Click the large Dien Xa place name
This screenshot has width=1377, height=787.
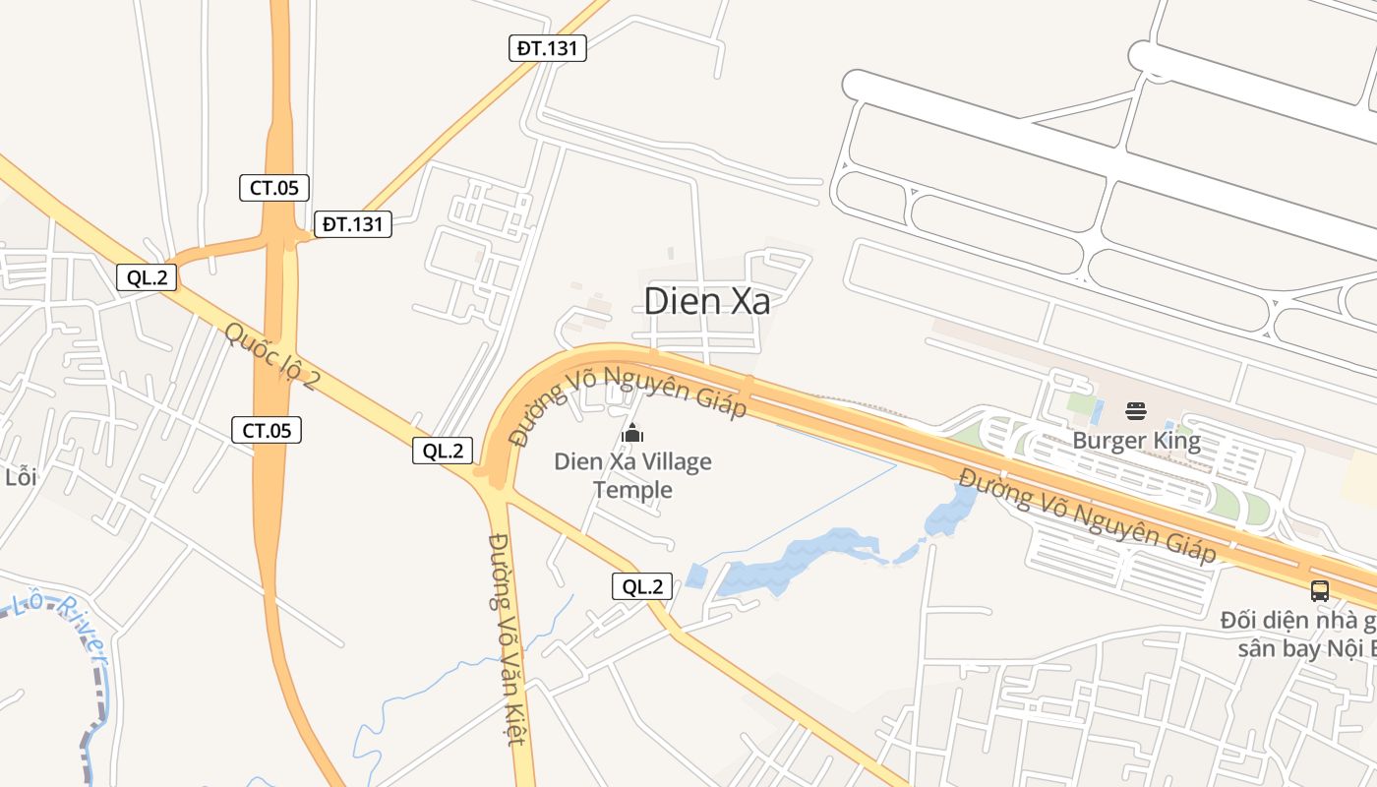pyautogui.click(x=706, y=301)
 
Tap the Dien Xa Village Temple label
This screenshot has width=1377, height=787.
pyautogui.click(x=632, y=475)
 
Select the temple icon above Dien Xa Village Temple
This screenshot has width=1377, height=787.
pyautogui.click(x=632, y=433)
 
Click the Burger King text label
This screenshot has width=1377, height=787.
pyautogui.click(x=1136, y=440)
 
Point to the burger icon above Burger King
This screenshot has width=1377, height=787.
pyautogui.click(x=1136, y=410)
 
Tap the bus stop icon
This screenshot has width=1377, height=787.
pyautogui.click(x=1319, y=591)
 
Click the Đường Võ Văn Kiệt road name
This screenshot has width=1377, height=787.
pyautogui.click(x=507, y=639)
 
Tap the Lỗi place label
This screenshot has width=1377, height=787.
pyautogui.click(x=21, y=477)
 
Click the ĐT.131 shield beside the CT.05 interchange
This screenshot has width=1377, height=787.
pyautogui.click(x=353, y=224)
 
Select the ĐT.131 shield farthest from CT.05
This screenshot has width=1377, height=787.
pyautogui.click(x=547, y=47)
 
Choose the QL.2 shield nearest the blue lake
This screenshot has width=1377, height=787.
pyautogui.click(x=642, y=586)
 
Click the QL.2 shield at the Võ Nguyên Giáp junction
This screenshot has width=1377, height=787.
pyautogui.click(x=443, y=451)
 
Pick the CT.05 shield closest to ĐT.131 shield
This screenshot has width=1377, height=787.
pyautogui.click(x=274, y=187)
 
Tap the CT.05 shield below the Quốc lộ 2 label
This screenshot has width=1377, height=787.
pyautogui.click(x=267, y=429)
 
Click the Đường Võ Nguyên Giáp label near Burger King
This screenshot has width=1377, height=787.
pyautogui.click(x=1087, y=516)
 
